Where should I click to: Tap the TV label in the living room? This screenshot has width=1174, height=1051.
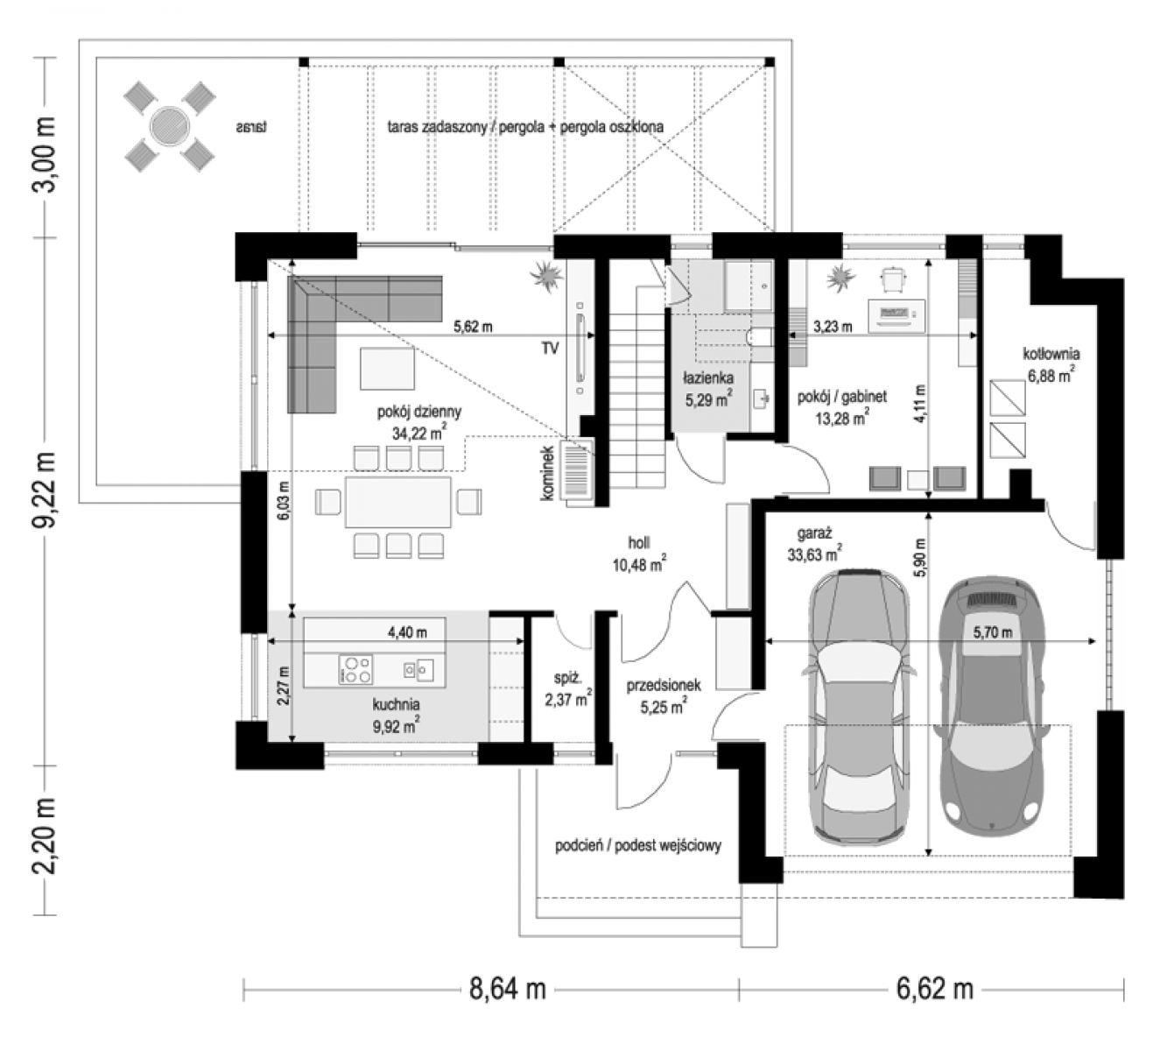pos(550,348)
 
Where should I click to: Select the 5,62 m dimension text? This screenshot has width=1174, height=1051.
pos(473,327)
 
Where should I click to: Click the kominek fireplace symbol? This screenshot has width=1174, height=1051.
pos(577,472)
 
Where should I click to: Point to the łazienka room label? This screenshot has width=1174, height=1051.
pos(707,378)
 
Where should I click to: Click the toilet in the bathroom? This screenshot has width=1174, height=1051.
pos(759,336)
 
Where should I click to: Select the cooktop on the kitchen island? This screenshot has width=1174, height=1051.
pos(355,669)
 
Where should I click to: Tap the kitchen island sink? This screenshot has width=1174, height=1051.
pos(418,669)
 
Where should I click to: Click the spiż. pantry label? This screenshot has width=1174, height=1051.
pos(567,677)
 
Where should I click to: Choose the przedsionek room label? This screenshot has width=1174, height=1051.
pos(663,685)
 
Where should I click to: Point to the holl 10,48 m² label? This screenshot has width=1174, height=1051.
pos(638,553)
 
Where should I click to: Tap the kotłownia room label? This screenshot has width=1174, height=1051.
pos(1051,353)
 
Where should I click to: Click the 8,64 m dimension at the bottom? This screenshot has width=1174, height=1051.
pos(507,989)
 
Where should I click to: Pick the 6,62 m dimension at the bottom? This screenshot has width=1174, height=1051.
pos(934,989)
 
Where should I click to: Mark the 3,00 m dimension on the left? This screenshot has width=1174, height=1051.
pos(45,155)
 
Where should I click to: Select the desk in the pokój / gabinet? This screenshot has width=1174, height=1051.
pos(896,316)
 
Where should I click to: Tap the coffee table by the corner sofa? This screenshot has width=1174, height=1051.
pos(387,369)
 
